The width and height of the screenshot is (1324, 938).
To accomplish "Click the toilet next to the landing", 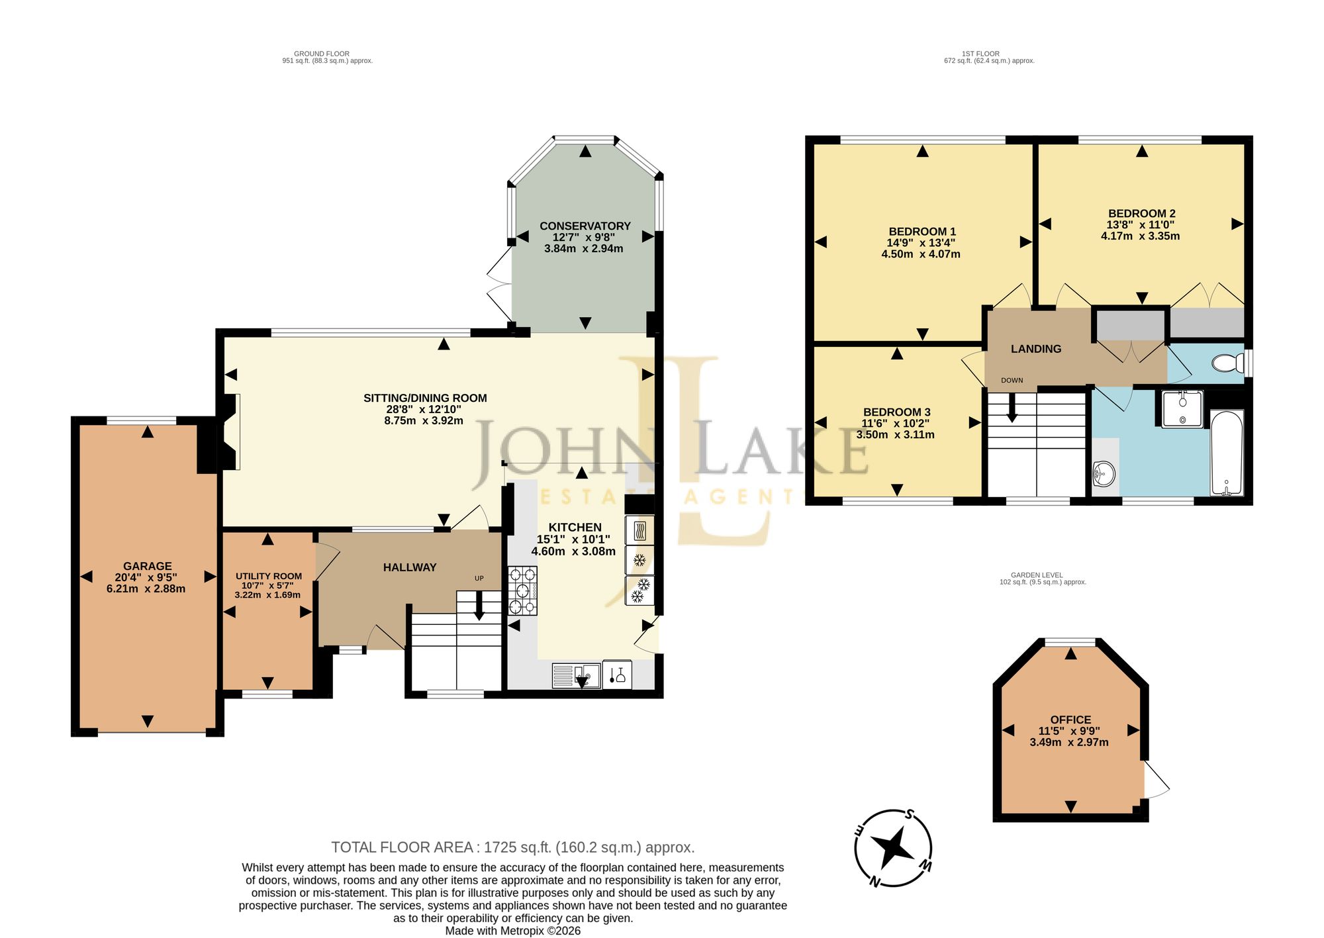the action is point(1229,363).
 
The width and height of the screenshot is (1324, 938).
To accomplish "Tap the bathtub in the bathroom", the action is point(1227,453).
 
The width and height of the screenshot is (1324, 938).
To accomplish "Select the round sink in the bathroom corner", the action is point(1104,474).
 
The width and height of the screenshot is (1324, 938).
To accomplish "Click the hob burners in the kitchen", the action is point(523,590).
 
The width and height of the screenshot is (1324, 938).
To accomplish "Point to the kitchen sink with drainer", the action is point(576,676).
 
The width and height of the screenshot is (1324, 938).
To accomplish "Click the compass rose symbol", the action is point(894,847).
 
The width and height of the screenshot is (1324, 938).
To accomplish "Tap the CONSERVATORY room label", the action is point(585,226).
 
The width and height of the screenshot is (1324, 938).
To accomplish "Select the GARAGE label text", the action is point(148,566).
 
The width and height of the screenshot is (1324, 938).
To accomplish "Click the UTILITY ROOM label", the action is point(269,576).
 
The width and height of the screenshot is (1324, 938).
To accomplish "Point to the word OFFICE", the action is point(1070,720).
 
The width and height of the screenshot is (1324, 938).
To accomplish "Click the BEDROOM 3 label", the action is point(897,412).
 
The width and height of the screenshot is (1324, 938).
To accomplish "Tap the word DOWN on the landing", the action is point(1012,380).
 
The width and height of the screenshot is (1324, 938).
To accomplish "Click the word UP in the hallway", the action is point(479,578).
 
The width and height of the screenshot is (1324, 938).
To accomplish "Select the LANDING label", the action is point(1036,349).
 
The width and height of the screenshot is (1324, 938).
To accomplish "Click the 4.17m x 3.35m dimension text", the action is point(1140,236).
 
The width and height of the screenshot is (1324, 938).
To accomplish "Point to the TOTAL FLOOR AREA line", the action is point(513,847).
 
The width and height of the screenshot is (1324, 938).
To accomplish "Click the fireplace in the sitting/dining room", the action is point(230,432).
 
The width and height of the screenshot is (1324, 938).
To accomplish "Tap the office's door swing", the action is point(1157,780).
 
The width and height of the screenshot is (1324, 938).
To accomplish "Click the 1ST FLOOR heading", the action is point(981,54).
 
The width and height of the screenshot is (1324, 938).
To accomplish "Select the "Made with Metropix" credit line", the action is point(513,931).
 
